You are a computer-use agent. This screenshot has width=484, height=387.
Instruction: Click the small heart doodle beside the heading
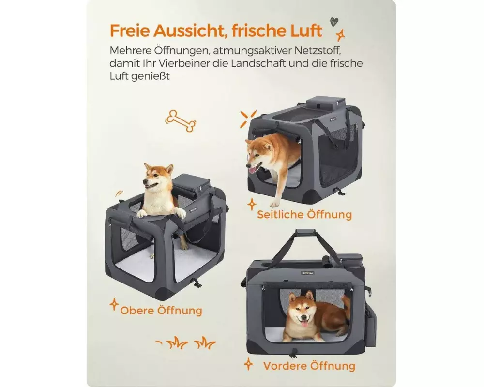tap(334, 22)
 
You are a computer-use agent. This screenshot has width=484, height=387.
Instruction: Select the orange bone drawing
tap(181, 120)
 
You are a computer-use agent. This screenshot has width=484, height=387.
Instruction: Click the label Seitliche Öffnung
tap(304, 214)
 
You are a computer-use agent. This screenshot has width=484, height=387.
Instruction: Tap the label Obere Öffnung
tap(161, 310)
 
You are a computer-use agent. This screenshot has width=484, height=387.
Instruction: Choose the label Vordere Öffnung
tap(309, 366)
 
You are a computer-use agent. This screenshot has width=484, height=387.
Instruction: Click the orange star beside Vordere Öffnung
tap(248, 364)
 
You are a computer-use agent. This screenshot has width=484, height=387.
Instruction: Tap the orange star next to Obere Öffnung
tap(114, 304)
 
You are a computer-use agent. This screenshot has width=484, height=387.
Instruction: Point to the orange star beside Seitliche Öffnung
tap(252, 204)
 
